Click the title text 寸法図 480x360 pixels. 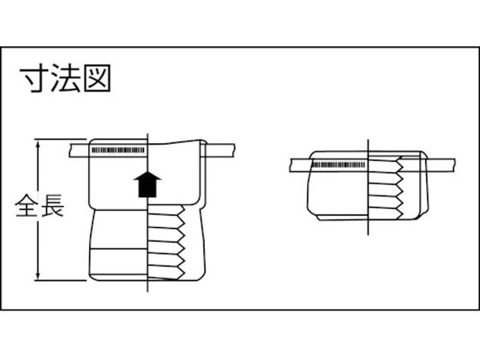pos(65,78)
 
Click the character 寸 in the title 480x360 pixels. pos(34,78)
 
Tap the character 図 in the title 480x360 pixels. pos(97,78)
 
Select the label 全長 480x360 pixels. pos(39,206)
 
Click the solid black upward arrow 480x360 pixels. pos(147,184)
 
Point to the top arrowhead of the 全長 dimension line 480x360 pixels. pos(38,145)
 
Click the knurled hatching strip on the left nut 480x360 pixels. pos(118,150)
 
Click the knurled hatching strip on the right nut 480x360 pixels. pos(339,165)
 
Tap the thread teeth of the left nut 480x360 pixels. pos(166,242)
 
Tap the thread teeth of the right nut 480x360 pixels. pos(386,189)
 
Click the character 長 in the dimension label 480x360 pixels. pos(52,206)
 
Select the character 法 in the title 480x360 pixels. pos(65,78)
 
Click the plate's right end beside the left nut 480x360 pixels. pos(236,150)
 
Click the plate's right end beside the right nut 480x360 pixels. pos(454,165)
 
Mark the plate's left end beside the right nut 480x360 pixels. pos(291,165)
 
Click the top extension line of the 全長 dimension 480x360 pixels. pos(60,139)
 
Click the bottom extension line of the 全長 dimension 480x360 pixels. pos(60,280)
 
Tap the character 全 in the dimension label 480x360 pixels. pos(27,206)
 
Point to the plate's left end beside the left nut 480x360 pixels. pos(71,150)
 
